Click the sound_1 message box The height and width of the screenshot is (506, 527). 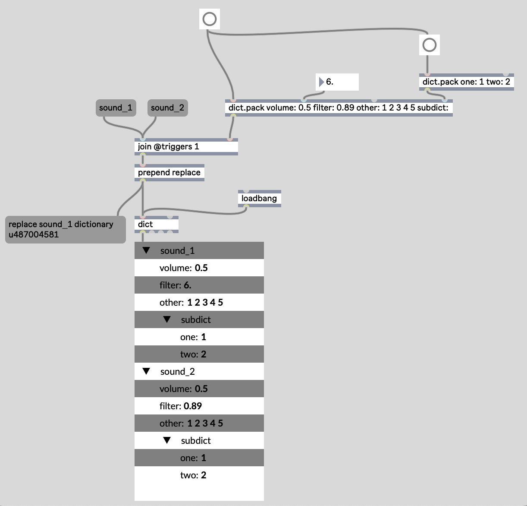coord(116,108)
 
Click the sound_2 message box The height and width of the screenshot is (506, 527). coord(167,108)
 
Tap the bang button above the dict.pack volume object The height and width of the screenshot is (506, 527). coord(210,19)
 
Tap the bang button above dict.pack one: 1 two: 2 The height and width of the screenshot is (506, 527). coord(430,45)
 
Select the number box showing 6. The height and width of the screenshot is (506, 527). coord(337,82)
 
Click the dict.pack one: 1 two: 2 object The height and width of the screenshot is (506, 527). coord(466,82)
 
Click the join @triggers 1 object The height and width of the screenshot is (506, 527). coord(186,147)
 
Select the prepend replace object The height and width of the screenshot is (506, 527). coord(169,173)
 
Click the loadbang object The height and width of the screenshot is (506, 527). coord(259,199)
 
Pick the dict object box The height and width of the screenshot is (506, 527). coord(156,225)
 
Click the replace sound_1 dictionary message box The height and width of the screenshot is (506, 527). coord(65,229)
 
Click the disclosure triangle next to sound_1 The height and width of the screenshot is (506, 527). coord(146,250)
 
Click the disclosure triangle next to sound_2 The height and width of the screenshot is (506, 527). coord(146,371)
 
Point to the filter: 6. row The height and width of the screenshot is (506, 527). coord(199,285)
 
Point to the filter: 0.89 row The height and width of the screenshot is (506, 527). coord(199,406)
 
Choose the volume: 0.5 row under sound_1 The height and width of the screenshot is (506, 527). coord(199,268)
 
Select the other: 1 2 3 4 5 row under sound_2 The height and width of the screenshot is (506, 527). coord(199,423)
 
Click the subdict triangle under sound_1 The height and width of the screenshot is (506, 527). coord(167,319)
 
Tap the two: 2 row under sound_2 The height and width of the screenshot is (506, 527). coord(199,475)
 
